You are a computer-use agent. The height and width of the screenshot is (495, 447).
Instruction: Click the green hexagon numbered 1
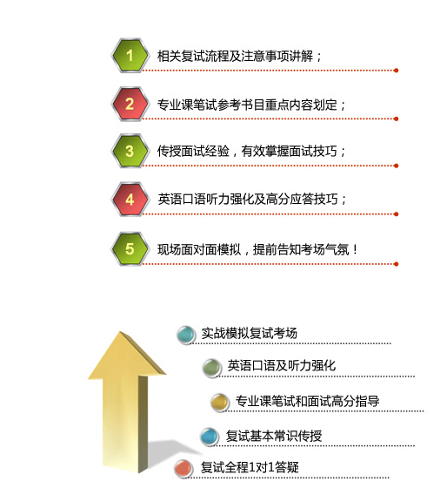click(x=130, y=56)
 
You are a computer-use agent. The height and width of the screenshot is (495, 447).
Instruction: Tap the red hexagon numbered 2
click(x=130, y=104)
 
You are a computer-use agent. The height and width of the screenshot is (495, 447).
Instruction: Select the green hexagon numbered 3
click(x=130, y=151)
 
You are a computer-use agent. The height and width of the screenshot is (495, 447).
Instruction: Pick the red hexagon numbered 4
click(x=130, y=200)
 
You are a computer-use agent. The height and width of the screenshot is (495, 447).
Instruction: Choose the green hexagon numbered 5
click(x=130, y=248)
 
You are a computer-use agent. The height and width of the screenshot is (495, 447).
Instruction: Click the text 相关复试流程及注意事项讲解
click(x=236, y=56)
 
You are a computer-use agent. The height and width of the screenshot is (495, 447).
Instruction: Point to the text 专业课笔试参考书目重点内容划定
click(x=247, y=105)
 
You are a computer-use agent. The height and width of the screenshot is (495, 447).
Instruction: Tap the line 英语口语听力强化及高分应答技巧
click(x=248, y=200)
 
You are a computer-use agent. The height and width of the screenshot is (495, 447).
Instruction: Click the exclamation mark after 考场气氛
click(x=356, y=249)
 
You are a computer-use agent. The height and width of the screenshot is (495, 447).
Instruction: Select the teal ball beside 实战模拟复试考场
click(x=185, y=335)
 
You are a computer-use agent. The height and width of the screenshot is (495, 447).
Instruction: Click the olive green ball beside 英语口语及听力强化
click(x=211, y=368)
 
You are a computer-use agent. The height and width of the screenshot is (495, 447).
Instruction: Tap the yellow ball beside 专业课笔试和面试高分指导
click(x=219, y=403)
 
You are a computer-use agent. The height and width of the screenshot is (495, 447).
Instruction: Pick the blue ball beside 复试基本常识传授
click(x=210, y=437)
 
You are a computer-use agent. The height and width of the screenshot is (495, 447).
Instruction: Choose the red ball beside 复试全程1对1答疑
click(x=183, y=469)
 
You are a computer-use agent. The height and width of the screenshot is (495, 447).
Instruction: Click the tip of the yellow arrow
click(x=120, y=331)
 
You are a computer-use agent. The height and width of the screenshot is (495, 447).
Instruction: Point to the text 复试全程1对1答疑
click(x=250, y=467)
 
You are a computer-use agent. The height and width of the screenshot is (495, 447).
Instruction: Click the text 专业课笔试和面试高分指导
click(x=308, y=401)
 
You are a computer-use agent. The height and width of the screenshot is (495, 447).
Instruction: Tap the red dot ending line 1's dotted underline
click(x=396, y=70)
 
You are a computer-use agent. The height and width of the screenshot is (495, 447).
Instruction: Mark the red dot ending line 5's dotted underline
click(x=396, y=264)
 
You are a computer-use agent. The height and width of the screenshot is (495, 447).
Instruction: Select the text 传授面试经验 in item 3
click(x=193, y=151)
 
